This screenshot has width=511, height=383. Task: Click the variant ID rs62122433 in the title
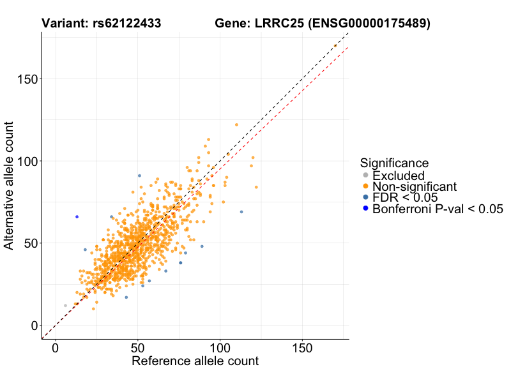coord(125,24)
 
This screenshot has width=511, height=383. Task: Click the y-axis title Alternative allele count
coord(10,186)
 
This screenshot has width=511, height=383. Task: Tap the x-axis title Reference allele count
coord(195,361)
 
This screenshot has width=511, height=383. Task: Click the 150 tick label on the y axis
coord(25,79)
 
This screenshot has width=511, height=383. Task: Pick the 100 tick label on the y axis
coord(25,161)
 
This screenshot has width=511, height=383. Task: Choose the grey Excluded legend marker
coord(365,176)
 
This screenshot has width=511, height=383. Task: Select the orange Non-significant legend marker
coord(365,187)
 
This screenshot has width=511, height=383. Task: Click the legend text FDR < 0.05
coord(405,198)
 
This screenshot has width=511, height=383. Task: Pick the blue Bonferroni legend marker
coord(365,209)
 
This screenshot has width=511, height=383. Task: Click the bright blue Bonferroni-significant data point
coord(77,217)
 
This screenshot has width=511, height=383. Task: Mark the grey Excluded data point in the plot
coord(65,306)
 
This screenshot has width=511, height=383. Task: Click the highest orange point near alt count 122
coord(236,125)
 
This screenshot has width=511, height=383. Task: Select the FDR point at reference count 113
coord(241,212)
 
